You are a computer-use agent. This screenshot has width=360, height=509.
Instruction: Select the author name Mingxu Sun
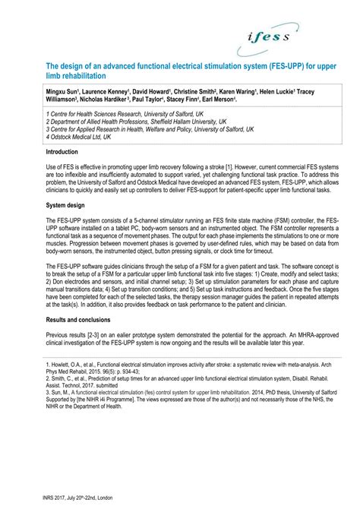click(43, 90)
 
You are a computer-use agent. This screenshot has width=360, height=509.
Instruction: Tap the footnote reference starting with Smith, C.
click(175, 384)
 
